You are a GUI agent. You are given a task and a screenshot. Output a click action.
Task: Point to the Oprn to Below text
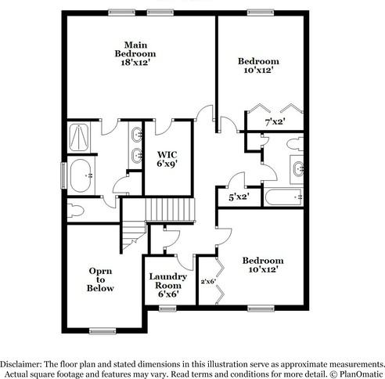100,280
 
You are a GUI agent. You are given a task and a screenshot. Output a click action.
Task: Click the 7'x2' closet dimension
273,122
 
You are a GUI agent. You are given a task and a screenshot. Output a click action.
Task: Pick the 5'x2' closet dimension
239,198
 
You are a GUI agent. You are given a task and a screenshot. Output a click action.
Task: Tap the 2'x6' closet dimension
207,282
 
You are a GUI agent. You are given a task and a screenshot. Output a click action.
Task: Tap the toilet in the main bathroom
77,209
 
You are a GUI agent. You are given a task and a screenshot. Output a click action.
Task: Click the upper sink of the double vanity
138,134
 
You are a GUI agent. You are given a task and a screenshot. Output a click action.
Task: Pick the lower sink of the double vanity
138,154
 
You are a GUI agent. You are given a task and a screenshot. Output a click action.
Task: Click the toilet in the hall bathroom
294,145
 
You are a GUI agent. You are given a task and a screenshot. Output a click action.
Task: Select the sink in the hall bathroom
297,168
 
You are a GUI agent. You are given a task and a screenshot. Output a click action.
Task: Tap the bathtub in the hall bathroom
284,196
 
